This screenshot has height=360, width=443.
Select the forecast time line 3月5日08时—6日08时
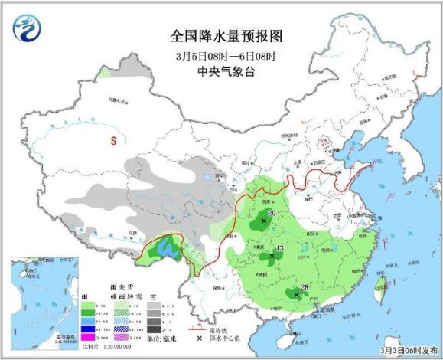click(220, 56)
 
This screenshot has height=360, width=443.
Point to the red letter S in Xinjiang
click(112, 141)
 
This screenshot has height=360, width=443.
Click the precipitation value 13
click(280, 248)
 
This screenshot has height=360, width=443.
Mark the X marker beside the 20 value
click(264, 221)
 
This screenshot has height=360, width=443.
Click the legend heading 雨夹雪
click(122, 288)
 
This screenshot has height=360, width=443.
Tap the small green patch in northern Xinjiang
click(103, 74)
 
